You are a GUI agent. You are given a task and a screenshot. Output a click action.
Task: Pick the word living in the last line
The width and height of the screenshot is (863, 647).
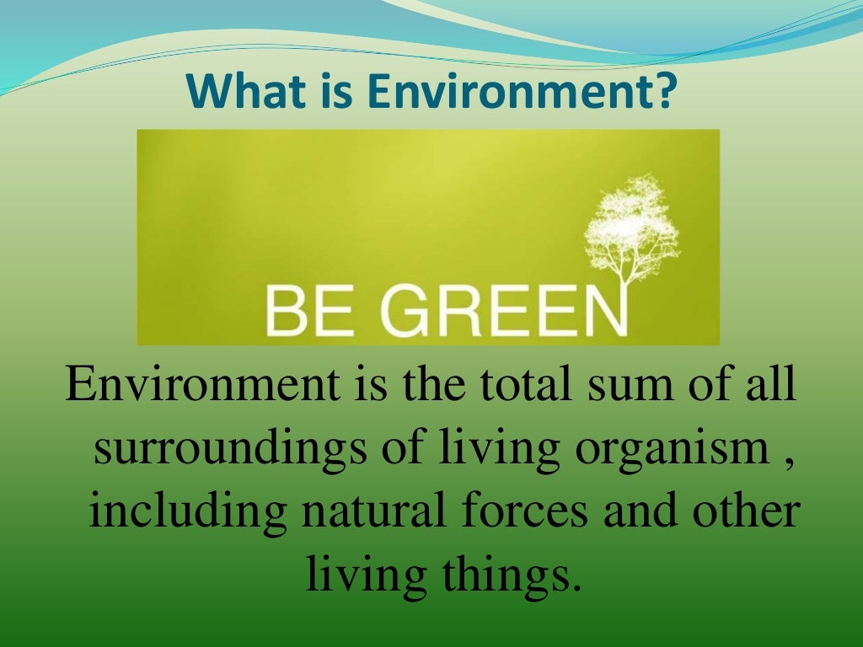356,574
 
